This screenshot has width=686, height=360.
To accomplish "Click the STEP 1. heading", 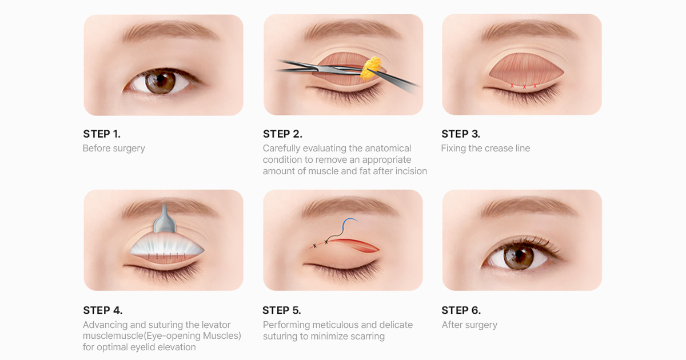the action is coord(102,134).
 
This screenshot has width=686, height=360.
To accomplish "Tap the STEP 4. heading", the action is coord(102,310).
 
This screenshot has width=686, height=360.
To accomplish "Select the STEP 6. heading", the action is coord(461,310).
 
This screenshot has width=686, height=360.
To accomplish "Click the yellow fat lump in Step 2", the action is coord(372,67).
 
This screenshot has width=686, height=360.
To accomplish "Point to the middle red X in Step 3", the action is coord(524,87).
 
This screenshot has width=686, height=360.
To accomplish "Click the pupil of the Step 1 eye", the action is coord(161,81).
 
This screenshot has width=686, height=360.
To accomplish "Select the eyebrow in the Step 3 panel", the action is coord(530,31).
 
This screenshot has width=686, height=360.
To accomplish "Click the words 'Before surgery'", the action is coord(114,149).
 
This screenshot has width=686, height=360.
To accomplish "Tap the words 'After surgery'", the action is coord(469,325).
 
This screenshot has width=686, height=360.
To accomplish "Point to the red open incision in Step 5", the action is coord(355,245).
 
